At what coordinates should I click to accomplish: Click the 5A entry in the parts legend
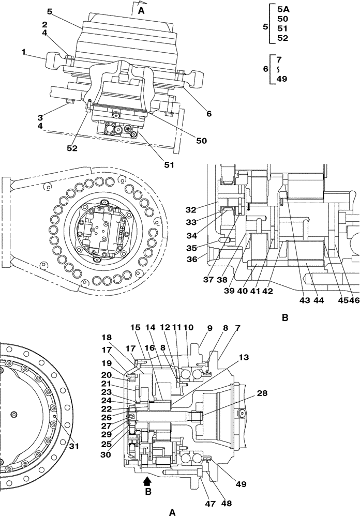pos(283,9)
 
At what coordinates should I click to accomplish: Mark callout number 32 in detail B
pos(191,210)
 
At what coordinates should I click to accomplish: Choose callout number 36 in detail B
pos(191,260)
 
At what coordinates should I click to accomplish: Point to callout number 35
pos(191,248)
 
